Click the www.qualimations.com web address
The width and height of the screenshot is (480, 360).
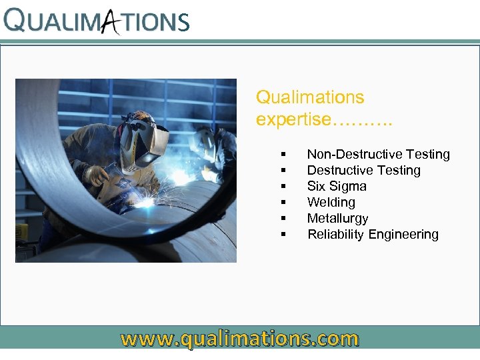click(x=239, y=339)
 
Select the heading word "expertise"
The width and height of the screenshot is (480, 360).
click(x=293, y=119)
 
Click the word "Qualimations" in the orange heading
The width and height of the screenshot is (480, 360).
click(x=310, y=97)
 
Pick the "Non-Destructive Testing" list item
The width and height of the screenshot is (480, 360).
click(x=378, y=155)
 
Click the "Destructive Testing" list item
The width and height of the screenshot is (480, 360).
click(x=363, y=171)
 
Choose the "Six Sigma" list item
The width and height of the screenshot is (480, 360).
click(x=337, y=187)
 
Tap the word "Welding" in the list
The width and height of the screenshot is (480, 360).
click(x=331, y=203)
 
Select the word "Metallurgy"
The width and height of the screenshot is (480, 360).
click(x=337, y=219)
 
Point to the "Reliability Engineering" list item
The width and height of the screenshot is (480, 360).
click(x=373, y=235)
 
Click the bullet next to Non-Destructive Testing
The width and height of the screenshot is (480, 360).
click(x=284, y=155)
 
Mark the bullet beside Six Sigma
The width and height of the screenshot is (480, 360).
click(x=284, y=187)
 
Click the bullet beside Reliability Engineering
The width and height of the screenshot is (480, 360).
click(x=284, y=235)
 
